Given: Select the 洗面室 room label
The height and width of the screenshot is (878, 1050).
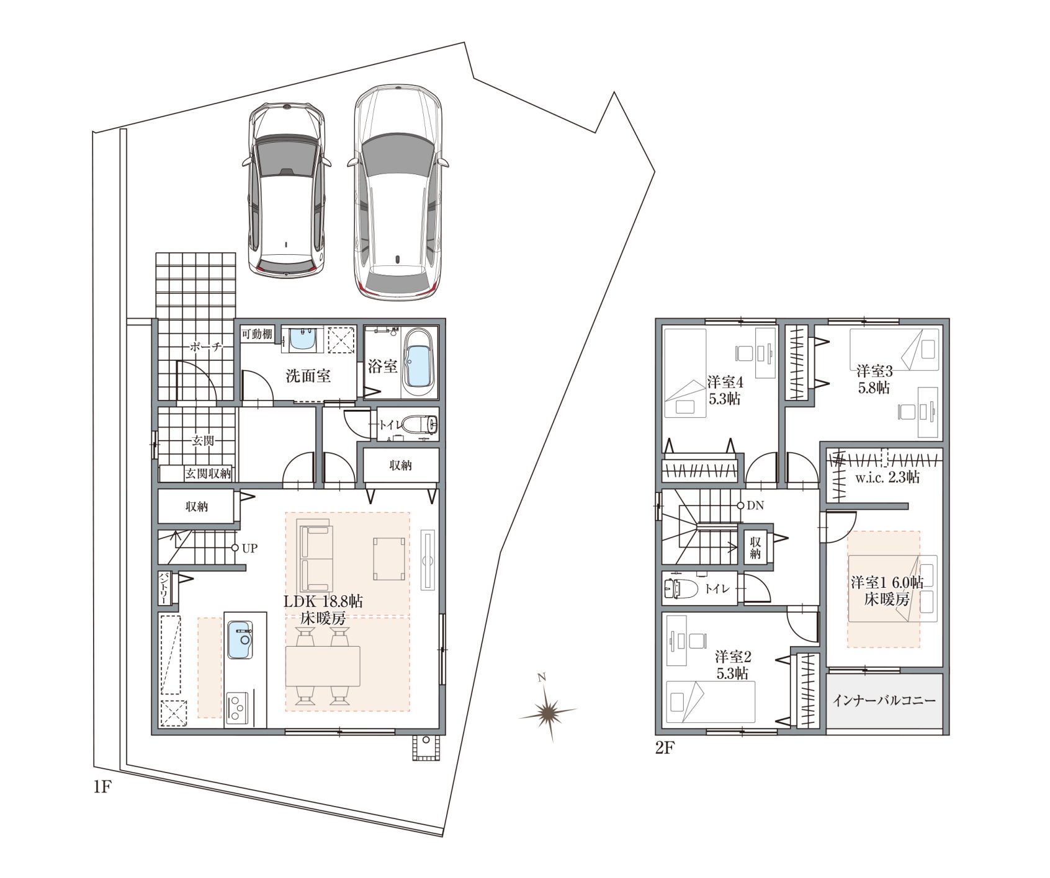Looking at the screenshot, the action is tap(308, 376).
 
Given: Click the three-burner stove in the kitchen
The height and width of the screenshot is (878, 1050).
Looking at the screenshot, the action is tap(236, 707).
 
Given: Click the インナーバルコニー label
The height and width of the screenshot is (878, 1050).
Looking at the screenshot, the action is tap(884, 701).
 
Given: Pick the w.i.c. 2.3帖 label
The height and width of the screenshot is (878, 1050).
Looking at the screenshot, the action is tap(887, 478).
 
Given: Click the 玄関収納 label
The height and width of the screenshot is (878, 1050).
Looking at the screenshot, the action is tap(207, 474).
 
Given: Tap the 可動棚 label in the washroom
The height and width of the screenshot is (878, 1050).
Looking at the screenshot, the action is tap(256, 334).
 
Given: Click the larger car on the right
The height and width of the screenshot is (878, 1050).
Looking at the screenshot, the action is tap(398, 194).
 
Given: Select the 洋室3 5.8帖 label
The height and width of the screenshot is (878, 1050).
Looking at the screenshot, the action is tap(874, 379).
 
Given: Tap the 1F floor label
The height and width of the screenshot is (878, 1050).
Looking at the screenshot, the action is tap(101, 787).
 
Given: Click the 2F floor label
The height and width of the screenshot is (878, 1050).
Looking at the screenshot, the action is tap(665, 748).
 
